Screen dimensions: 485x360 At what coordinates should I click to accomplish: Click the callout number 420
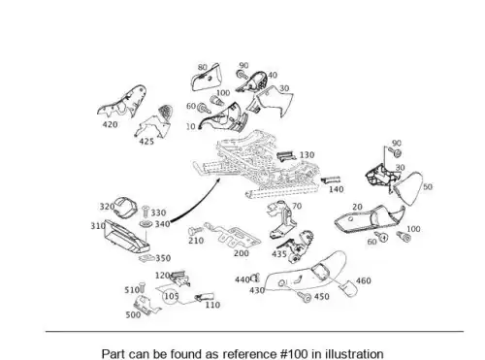tap(110, 124)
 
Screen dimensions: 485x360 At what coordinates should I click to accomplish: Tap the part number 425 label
tap(146, 142)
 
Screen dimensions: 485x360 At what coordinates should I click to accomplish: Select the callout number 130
tap(307, 155)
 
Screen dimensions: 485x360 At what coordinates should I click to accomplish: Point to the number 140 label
tap(337, 189)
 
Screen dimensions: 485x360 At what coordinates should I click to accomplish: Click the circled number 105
tap(171, 296)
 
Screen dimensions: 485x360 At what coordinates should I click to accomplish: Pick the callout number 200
tap(242, 253)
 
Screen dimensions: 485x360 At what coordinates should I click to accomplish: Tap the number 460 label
tap(364, 280)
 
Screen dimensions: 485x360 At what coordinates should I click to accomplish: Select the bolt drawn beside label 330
tap(145, 212)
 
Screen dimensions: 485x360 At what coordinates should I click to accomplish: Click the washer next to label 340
tap(146, 224)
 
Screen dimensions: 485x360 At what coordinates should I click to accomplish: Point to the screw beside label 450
tap(305, 297)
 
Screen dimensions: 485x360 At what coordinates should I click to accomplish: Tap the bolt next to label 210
tap(195, 231)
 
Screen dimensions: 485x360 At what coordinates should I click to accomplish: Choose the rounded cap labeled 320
tap(124, 207)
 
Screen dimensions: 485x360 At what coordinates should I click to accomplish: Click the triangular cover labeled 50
tap(409, 187)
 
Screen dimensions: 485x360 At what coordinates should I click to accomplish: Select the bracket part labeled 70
tap(281, 220)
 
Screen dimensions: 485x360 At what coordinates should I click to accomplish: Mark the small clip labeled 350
tap(146, 258)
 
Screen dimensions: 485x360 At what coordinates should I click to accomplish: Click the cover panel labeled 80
tap(206, 78)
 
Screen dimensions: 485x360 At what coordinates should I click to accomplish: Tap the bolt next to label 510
tap(143, 288)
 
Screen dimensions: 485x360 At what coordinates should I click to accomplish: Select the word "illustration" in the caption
tap(354, 353)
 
